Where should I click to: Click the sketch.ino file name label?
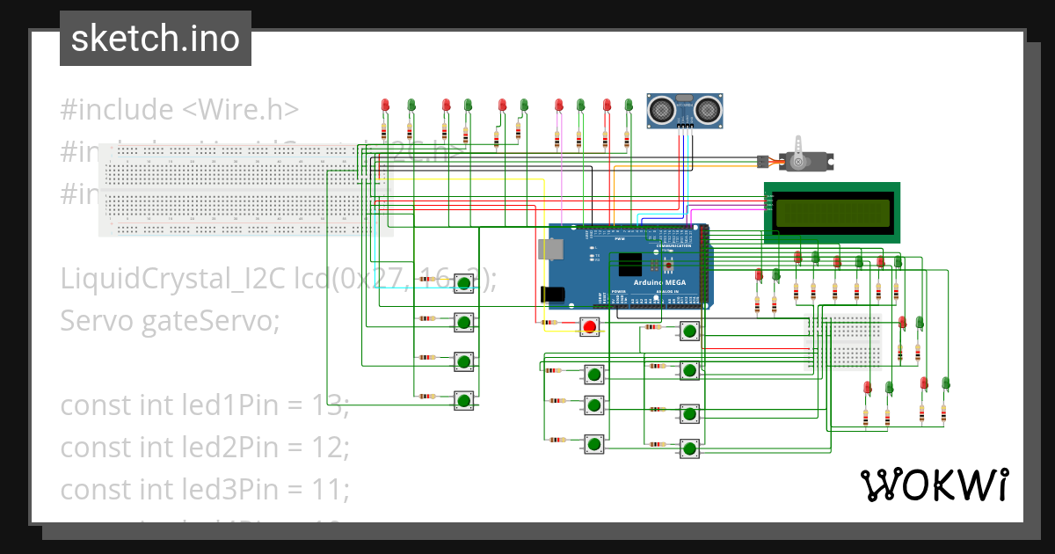(155, 39)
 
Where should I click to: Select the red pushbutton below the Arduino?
(589, 328)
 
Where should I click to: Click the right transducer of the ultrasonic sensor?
(709, 109)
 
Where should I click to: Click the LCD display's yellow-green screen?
(832, 213)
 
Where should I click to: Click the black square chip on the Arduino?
(630, 265)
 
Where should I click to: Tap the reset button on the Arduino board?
(668, 265)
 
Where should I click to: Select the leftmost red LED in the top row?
(384, 106)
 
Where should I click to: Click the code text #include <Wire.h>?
(179, 110)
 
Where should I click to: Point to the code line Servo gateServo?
(169, 321)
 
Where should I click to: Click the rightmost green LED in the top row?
(629, 106)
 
